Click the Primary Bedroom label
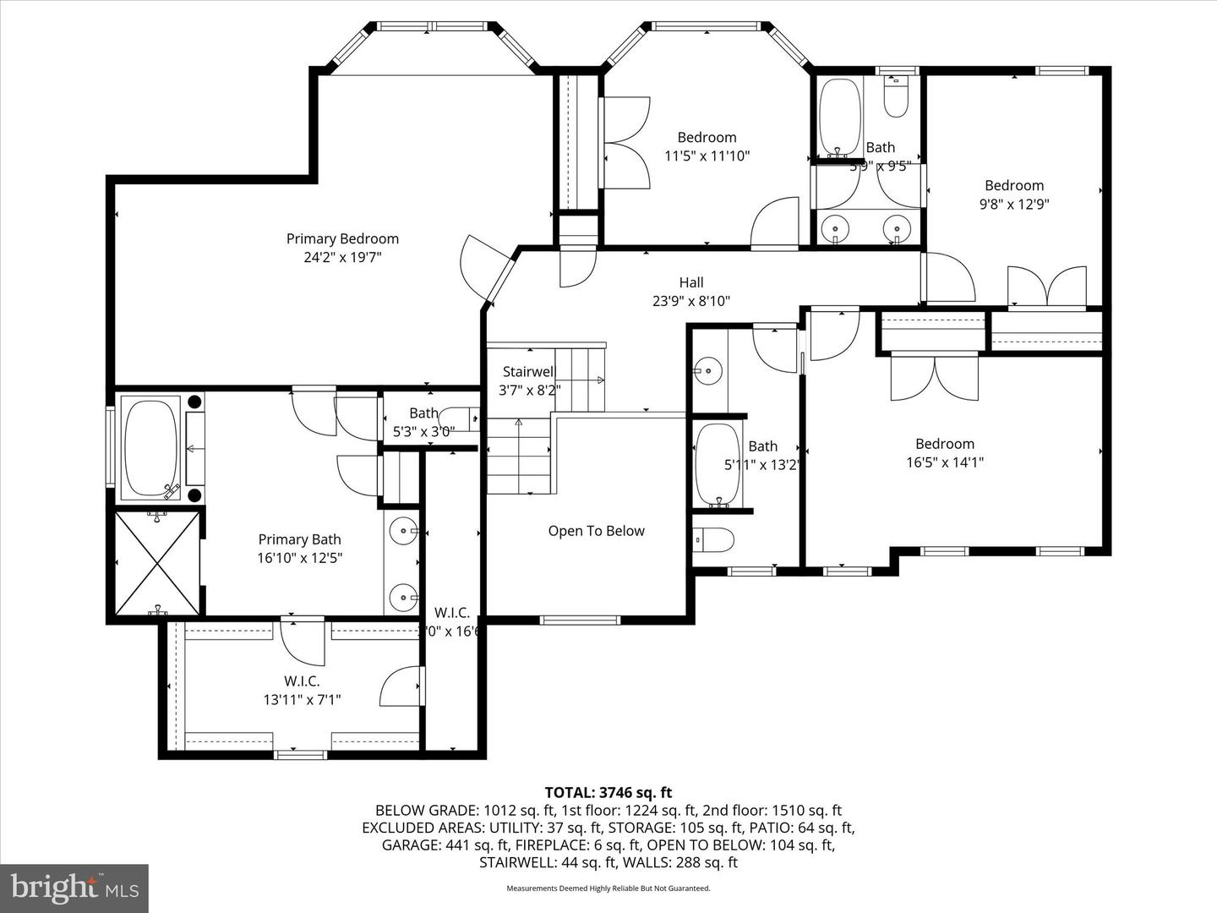tap(342, 239)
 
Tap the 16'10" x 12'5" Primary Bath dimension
tap(300, 558)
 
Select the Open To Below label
tap(596, 531)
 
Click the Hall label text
tap(690, 282)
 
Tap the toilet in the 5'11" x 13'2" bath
tap(712, 539)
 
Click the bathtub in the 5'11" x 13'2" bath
tap(718, 464)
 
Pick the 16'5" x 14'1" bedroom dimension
tap(944, 462)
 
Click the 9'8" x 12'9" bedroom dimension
tap(1013, 204)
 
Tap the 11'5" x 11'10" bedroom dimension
tap(707, 156)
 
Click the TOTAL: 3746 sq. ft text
tap(608, 792)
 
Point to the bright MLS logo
tap(74, 888)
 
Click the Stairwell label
tap(528, 371)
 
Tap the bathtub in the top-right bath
tap(839, 117)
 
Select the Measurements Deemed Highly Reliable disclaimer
tap(608, 888)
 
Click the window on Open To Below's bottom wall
tap(580, 620)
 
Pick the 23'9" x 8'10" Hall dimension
tap(690, 301)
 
